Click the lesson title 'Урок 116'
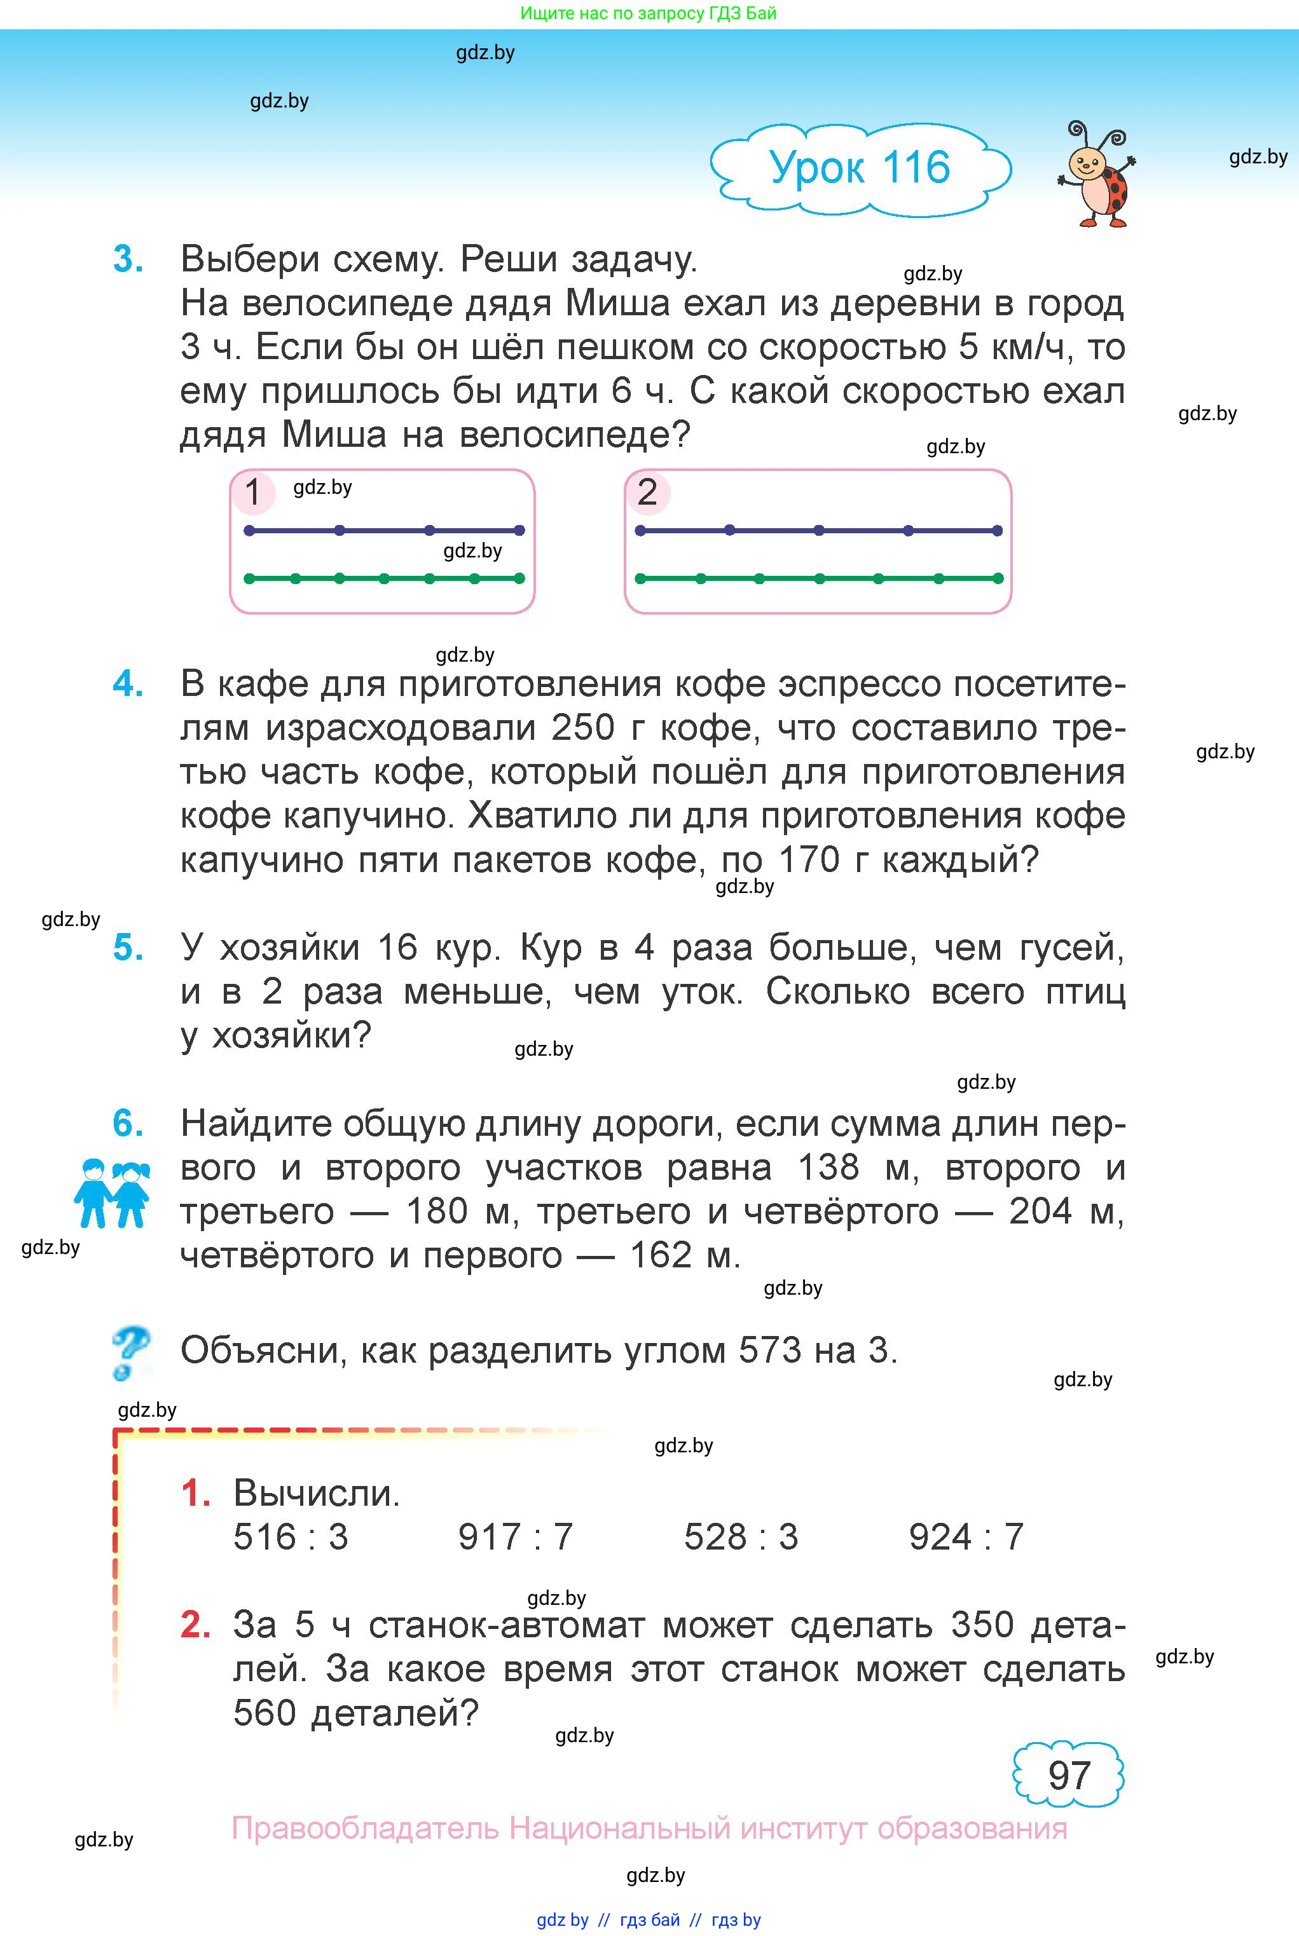(x=859, y=168)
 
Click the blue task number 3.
(x=128, y=260)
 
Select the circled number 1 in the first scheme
(x=252, y=493)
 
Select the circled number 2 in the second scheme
(x=647, y=493)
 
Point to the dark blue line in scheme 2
(x=818, y=530)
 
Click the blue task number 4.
(x=128, y=684)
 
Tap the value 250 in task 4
(x=582, y=728)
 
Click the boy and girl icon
(x=112, y=1193)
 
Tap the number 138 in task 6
(x=828, y=1168)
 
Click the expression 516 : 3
(x=291, y=1537)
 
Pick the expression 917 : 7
(x=515, y=1537)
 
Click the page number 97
(x=1069, y=1775)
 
